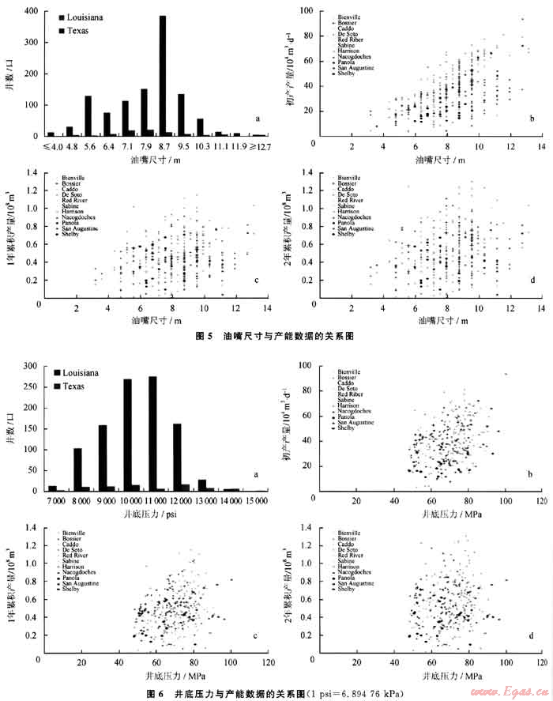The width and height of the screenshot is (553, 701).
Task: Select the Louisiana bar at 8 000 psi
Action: (77, 469)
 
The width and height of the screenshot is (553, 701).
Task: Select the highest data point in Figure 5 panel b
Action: (522, 19)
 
